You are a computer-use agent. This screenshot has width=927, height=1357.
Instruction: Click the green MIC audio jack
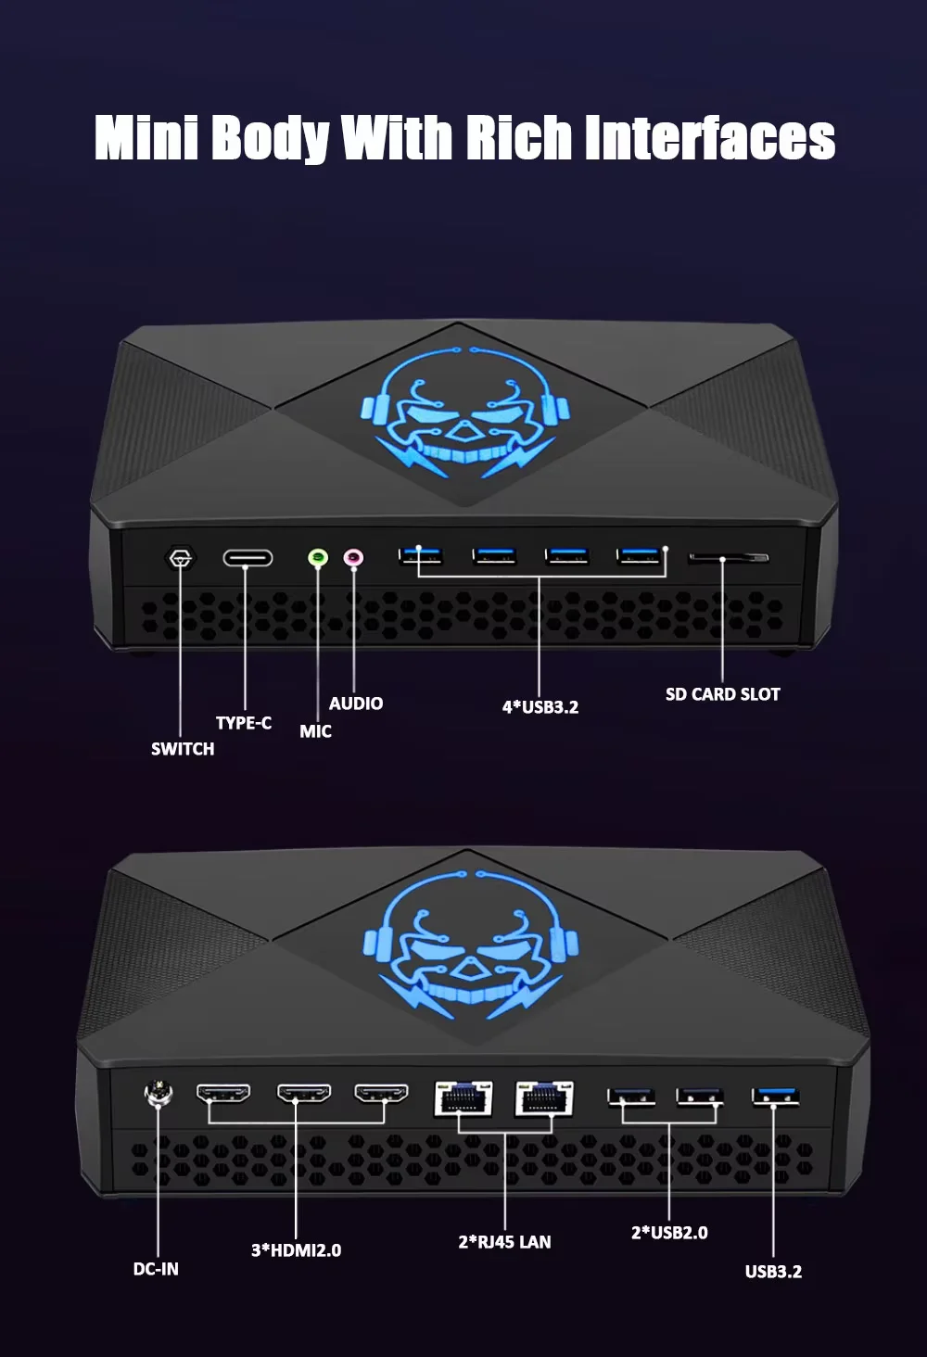(x=318, y=558)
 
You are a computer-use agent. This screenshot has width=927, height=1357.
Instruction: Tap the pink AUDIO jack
(x=353, y=558)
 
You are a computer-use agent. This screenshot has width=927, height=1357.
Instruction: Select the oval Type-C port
(x=248, y=558)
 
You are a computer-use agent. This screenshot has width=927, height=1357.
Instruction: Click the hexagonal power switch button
(x=181, y=559)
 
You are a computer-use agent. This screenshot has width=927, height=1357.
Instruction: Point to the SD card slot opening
(x=728, y=558)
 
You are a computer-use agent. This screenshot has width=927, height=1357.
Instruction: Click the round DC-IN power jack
(x=159, y=1095)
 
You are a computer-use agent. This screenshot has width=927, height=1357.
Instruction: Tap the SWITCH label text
(x=183, y=749)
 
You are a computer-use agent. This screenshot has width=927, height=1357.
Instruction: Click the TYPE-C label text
(x=244, y=723)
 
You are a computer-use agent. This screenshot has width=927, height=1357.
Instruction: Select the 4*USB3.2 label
(x=540, y=707)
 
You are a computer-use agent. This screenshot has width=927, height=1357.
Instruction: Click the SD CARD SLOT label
(x=722, y=694)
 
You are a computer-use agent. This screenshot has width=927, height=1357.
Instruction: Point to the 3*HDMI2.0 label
(x=296, y=1250)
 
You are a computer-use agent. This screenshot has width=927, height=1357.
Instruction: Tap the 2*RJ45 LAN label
(x=504, y=1242)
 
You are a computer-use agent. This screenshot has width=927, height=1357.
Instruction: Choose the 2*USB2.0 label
(x=669, y=1233)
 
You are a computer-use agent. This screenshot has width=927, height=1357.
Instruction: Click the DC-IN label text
(x=156, y=1269)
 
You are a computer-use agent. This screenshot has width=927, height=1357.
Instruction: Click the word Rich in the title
(x=518, y=138)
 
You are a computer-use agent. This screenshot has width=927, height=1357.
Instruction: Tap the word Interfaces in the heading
(x=710, y=138)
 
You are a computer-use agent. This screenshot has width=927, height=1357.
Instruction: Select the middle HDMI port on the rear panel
(x=304, y=1095)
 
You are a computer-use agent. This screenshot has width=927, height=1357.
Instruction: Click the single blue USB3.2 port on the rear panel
(x=775, y=1097)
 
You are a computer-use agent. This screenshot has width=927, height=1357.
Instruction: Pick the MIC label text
(x=315, y=731)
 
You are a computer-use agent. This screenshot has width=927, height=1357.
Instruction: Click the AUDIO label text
(x=356, y=704)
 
